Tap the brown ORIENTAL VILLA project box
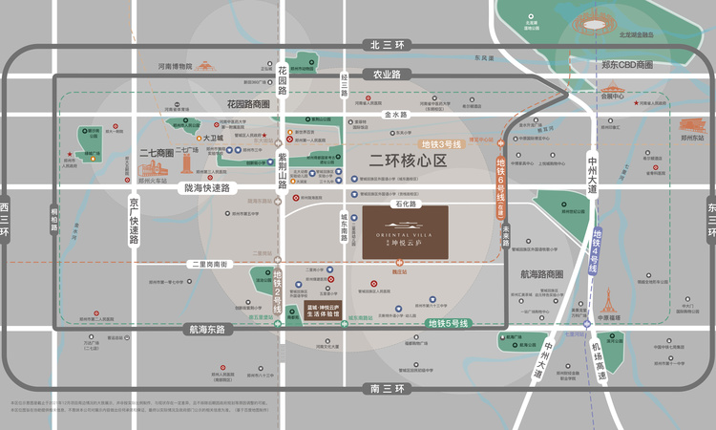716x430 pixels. point(405,232)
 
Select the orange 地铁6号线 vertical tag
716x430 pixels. point(500,187)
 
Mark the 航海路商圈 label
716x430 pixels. point(541,274)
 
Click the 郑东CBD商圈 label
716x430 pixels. point(627,65)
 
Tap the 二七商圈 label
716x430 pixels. point(157,152)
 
